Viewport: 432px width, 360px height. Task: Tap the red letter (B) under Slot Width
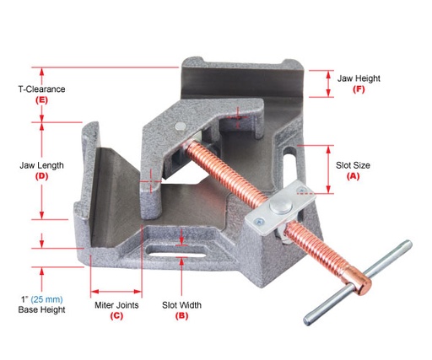click(181, 316)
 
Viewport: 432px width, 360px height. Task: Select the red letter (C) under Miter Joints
click(116, 316)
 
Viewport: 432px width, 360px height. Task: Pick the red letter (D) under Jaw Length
click(41, 177)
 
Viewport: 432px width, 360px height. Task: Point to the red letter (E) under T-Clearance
click(41, 99)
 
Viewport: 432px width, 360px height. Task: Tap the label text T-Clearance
click(42, 88)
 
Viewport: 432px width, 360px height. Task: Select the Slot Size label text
click(354, 165)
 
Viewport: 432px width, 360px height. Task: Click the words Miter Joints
click(116, 304)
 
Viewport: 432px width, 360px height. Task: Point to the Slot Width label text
click(181, 304)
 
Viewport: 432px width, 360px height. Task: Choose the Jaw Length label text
click(41, 165)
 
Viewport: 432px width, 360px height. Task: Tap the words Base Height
click(41, 310)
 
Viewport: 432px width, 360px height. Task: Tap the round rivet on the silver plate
click(278, 207)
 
